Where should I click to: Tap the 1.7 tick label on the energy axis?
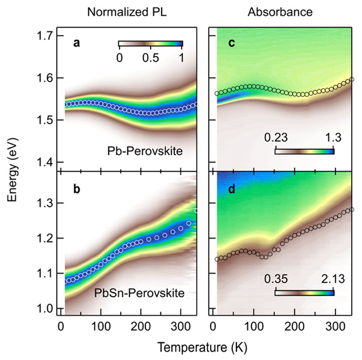tap(43, 36)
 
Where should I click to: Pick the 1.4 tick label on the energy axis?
tap(43, 162)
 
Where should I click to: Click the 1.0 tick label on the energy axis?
tap(43, 309)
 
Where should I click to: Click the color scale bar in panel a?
tap(150, 44)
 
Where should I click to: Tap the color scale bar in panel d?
tap(304, 292)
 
